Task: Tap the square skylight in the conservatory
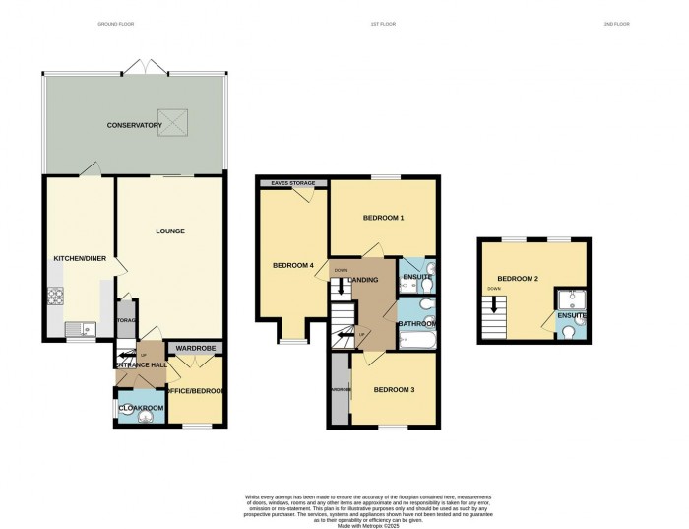point(173,121)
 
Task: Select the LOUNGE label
point(169,231)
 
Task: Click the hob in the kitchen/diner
point(55,295)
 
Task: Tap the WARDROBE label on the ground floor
point(196,349)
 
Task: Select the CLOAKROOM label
point(141,408)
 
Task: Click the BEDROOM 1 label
point(383,217)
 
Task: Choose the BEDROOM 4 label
point(293,265)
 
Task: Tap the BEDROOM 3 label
point(394,390)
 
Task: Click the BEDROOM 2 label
point(517,279)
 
